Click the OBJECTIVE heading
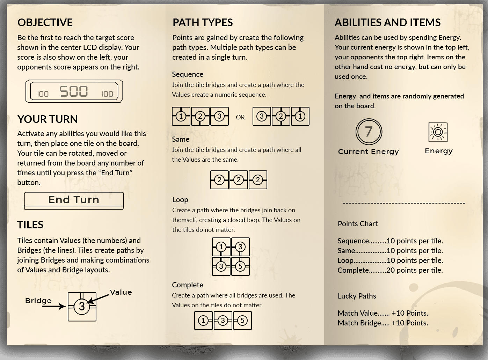coord(45,22)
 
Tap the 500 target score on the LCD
coord(74,91)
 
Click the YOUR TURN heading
coord(48,119)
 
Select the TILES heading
coord(30,225)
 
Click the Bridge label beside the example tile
coord(38,301)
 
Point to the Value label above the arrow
coord(121,292)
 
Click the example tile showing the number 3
coord(82,307)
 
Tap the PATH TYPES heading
coord(203,22)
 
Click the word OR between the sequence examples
coord(240,117)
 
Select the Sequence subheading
coord(188,74)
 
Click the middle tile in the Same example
coord(239,180)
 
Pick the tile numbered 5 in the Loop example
coord(240,266)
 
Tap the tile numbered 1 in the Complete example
coord(204,321)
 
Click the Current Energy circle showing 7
coord(369,132)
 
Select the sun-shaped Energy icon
coord(438,132)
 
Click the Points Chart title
coord(358,224)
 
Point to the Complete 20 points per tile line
coord(390,270)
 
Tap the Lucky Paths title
coord(357,296)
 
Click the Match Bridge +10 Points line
coord(383,323)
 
